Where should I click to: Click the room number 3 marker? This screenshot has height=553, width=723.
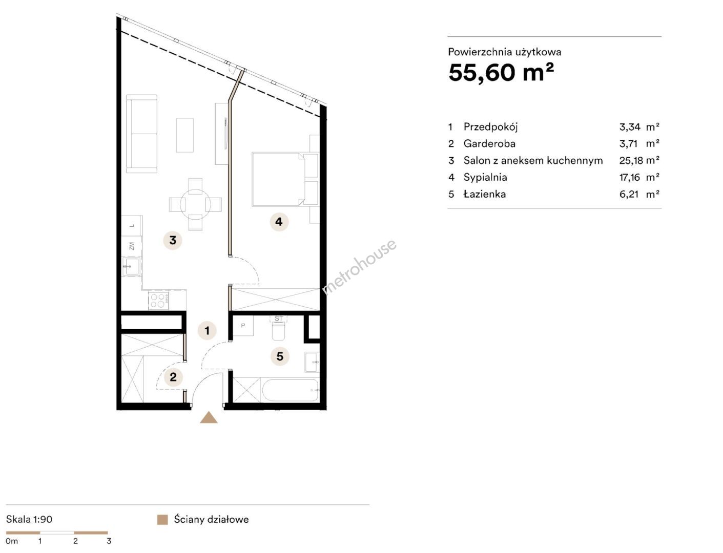(173, 240)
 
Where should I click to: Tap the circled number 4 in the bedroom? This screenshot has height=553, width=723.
(279, 222)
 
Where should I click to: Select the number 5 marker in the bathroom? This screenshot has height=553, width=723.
(280, 356)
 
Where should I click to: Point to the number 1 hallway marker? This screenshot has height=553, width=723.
(207, 330)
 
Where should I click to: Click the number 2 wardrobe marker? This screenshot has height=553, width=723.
(173, 376)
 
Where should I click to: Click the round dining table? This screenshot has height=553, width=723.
(195, 204)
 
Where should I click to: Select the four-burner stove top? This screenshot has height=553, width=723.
(158, 300)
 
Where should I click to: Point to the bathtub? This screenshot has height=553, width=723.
(291, 390)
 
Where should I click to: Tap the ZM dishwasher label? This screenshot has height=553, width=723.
(132, 246)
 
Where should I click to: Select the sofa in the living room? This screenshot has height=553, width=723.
(141, 134)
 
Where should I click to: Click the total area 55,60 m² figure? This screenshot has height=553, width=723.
(501, 73)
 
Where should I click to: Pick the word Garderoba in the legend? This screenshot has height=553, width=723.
(489, 143)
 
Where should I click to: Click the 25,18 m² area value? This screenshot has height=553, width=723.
(639, 160)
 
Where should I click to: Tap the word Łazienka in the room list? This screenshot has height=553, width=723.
(485, 194)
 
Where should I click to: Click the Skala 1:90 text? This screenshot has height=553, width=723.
(29, 519)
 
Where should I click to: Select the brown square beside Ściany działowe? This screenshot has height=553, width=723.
(162, 519)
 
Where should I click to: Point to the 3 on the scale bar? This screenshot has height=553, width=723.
(109, 541)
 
